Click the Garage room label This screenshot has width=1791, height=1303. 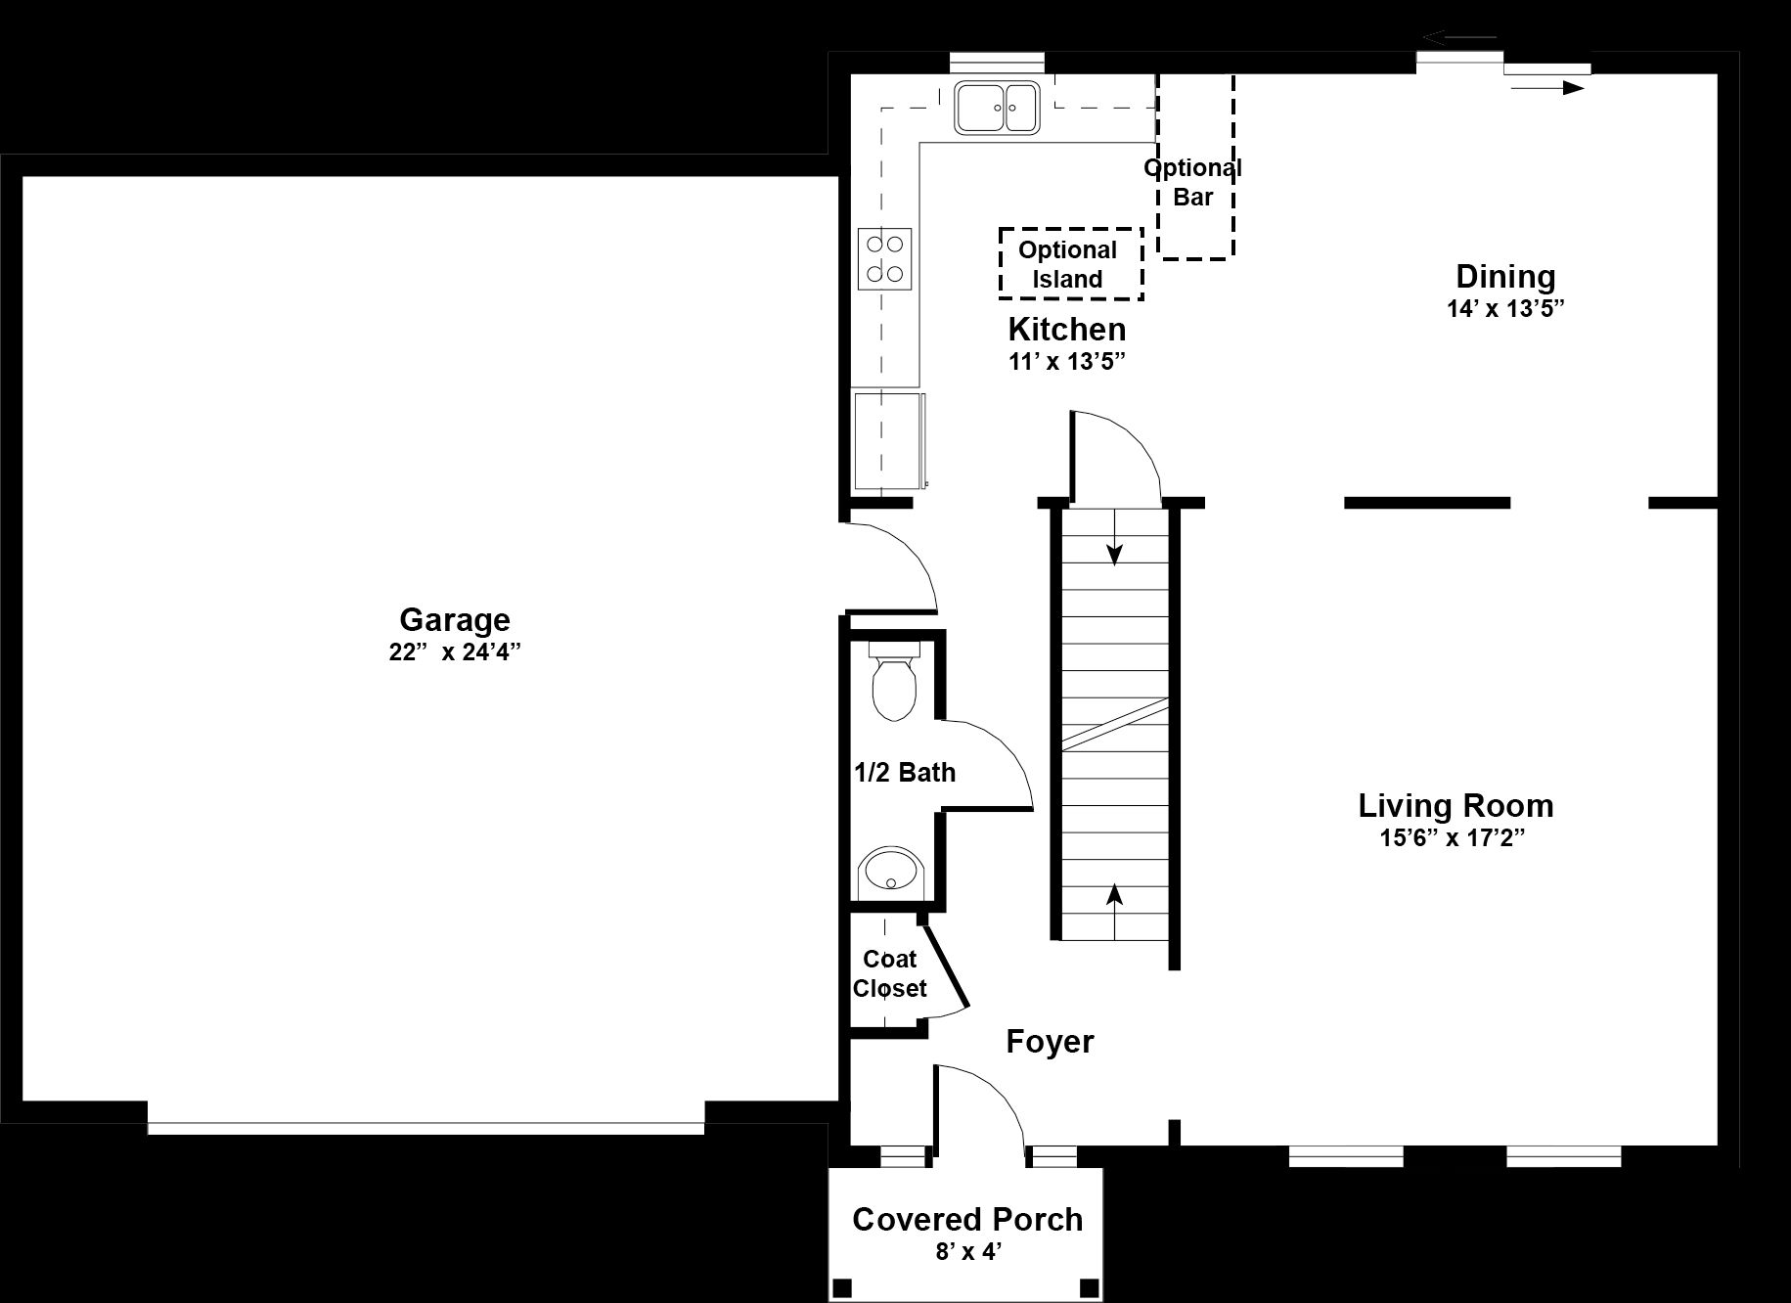pyautogui.click(x=455, y=620)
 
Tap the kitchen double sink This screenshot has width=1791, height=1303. pyautogui.click(x=996, y=108)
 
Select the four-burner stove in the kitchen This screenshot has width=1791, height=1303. pyautogui.click(x=885, y=258)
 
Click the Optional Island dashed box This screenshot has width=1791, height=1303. pyautogui.click(x=1070, y=264)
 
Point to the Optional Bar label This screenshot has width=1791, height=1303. pyautogui.click(x=1193, y=182)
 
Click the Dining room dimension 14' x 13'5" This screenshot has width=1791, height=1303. pyautogui.click(x=1506, y=309)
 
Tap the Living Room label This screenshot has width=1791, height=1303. pyautogui.click(x=1455, y=806)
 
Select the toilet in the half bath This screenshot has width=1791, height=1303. pyautogui.click(x=893, y=681)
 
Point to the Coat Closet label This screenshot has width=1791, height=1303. pyautogui.click(x=889, y=973)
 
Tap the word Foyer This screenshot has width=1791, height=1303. pyautogui.click(x=1050, y=1042)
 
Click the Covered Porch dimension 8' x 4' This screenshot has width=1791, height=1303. pyautogui.click(x=967, y=1251)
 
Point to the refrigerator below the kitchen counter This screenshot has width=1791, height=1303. pyautogui.click(x=890, y=440)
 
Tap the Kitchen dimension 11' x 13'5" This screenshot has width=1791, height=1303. pyautogui.click(x=1067, y=362)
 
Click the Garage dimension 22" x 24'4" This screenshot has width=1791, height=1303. pyautogui.click(x=455, y=652)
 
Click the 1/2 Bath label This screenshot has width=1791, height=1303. pyautogui.click(x=905, y=773)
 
